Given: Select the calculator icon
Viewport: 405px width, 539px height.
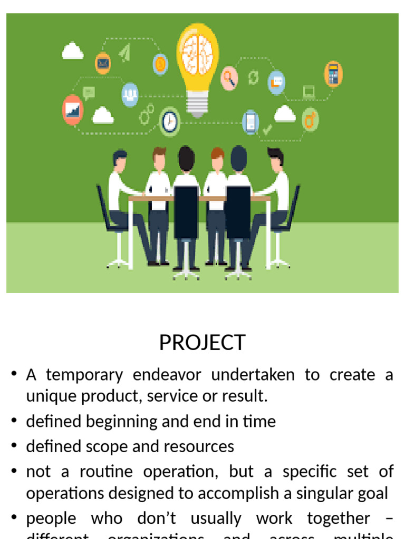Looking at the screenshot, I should pyautogui.click(x=333, y=74).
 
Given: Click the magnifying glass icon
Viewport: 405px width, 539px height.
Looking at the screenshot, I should pyautogui.click(x=229, y=78).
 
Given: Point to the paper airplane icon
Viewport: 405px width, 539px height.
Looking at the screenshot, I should pyautogui.click(x=124, y=53).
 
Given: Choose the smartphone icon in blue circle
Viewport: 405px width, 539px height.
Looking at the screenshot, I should pyautogui.click(x=250, y=122).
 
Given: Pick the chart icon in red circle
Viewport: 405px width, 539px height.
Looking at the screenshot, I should pyautogui.click(x=73, y=109).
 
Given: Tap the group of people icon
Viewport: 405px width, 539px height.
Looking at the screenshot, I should pyautogui.click(x=130, y=95).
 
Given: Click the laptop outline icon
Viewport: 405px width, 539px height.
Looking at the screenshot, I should pyautogui.click(x=308, y=92).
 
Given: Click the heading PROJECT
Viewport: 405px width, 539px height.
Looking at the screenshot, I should pyautogui.click(x=202, y=343).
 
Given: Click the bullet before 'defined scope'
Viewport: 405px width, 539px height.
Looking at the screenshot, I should pyautogui.click(x=14, y=447).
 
